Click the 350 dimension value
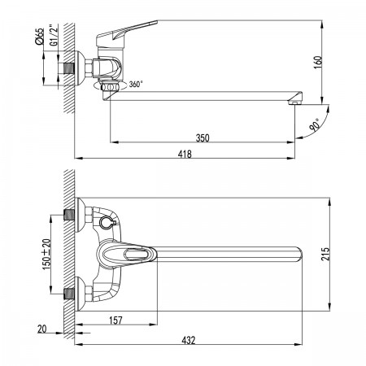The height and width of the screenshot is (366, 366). coord(203,137)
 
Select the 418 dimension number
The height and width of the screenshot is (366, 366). coord(185,154)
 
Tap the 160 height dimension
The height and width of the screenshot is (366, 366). coord(318,62)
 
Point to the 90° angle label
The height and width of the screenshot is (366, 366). coord(315,125)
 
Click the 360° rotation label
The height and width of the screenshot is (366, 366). coord(136,85)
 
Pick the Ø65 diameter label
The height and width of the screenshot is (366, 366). coord(40,36)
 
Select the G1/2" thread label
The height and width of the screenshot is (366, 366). coord(54,35)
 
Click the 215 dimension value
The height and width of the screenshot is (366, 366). coord(325,254)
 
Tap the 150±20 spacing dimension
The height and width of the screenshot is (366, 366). coord(46,255)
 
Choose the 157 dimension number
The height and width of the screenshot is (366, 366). coord(115,320)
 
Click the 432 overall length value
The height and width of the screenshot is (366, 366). coord(189,340)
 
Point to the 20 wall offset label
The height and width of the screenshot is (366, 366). coord(42,329)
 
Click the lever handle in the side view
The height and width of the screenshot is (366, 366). coord(127,31)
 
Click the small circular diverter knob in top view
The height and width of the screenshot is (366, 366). coord(106,222)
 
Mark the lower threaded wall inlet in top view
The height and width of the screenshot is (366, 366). coord(69,294)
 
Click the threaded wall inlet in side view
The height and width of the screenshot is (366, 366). coord(69,68)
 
